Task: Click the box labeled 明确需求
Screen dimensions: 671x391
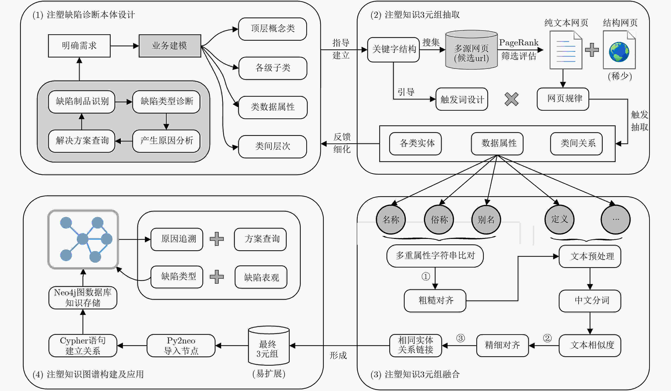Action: pyautogui.click(x=79, y=46)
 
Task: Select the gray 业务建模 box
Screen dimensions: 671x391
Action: pyautogui.click(x=170, y=46)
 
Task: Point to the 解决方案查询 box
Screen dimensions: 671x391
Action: pyautogui.click(x=81, y=141)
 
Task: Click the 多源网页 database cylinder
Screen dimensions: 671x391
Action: pyautogui.click(x=471, y=50)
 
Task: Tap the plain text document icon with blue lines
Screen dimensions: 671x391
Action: pyautogui.click(x=566, y=50)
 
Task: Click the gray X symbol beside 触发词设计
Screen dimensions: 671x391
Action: pyautogui.click(x=512, y=99)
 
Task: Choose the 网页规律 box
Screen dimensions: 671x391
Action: pyautogui.click(x=563, y=99)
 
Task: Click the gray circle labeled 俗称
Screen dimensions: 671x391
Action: pyautogui.click(x=439, y=220)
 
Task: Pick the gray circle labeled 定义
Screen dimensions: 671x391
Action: pyautogui.click(x=560, y=220)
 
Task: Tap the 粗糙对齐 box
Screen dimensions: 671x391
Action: pyautogui.click(x=435, y=301)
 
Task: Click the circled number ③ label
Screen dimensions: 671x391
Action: pyautogui.click(x=460, y=338)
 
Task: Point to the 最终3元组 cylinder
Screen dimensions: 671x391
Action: pyautogui.click(x=269, y=345)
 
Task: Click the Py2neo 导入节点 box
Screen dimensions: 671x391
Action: pyautogui.click(x=181, y=346)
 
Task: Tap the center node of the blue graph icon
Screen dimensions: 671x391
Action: pyautogui.click(x=83, y=239)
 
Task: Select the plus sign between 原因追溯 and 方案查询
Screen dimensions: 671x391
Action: pyautogui.click(x=217, y=239)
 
